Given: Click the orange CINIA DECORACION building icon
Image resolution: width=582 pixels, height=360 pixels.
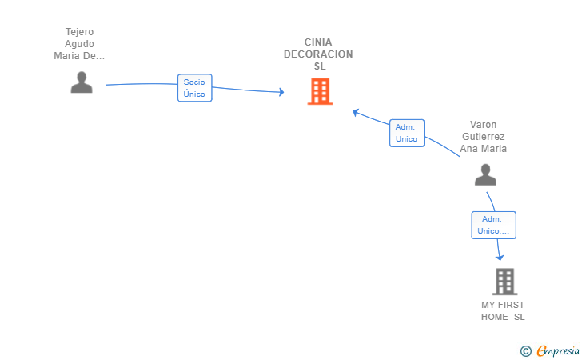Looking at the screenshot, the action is pyautogui.click(x=320, y=91).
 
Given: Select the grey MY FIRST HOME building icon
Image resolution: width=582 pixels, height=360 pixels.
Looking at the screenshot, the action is pyautogui.click(x=504, y=282).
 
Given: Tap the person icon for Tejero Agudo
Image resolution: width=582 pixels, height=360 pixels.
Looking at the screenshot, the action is pyautogui.click(x=82, y=82).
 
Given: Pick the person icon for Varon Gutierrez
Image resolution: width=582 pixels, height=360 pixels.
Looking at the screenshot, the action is pyautogui.click(x=485, y=174).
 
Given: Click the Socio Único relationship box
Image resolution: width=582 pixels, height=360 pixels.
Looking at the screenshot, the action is pyautogui.click(x=194, y=88).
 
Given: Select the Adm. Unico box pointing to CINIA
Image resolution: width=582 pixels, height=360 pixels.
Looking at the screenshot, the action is pyautogui.click(x=407, y=133).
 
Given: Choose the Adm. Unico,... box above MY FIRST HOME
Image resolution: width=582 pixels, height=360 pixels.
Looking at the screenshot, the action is pyautogui.click(x=494, y=225).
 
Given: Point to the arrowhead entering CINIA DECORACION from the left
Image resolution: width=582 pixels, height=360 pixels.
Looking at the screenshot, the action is pyautogui.click(x=281, y=92).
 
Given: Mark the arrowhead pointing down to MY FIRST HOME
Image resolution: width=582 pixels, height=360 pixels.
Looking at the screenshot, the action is pyautogui.click(x=500, y=257).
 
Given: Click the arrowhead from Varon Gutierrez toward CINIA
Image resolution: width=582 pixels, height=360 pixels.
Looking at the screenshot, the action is pyautogui.click(x=356, y=112).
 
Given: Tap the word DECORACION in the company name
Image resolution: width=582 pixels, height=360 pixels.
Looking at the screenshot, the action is pyautogui.click(x=318, y=54).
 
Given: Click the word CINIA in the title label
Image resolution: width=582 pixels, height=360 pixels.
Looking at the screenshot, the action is pyautogui.click(x=318, y=42).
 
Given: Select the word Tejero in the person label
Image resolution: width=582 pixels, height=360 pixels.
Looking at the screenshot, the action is pyautogui.click(x=79, y=32).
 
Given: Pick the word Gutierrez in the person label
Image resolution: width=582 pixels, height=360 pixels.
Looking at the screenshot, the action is pyautogui.click(x=483, y=137).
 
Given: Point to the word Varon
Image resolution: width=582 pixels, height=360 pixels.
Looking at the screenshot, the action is pyautogui.click(x=483, y=125).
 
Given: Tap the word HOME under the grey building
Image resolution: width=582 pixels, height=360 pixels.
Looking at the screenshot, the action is pyautogui.click(x=494, y=317).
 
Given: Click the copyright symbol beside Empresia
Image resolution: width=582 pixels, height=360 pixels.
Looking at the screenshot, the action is pyautogui.click(x=525, y=351).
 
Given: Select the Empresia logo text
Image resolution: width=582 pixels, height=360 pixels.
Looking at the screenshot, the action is pyautogui.click(x=558, y=350).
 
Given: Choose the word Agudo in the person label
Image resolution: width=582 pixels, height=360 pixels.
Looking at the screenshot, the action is pyautogui.click(x=79, y=44).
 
